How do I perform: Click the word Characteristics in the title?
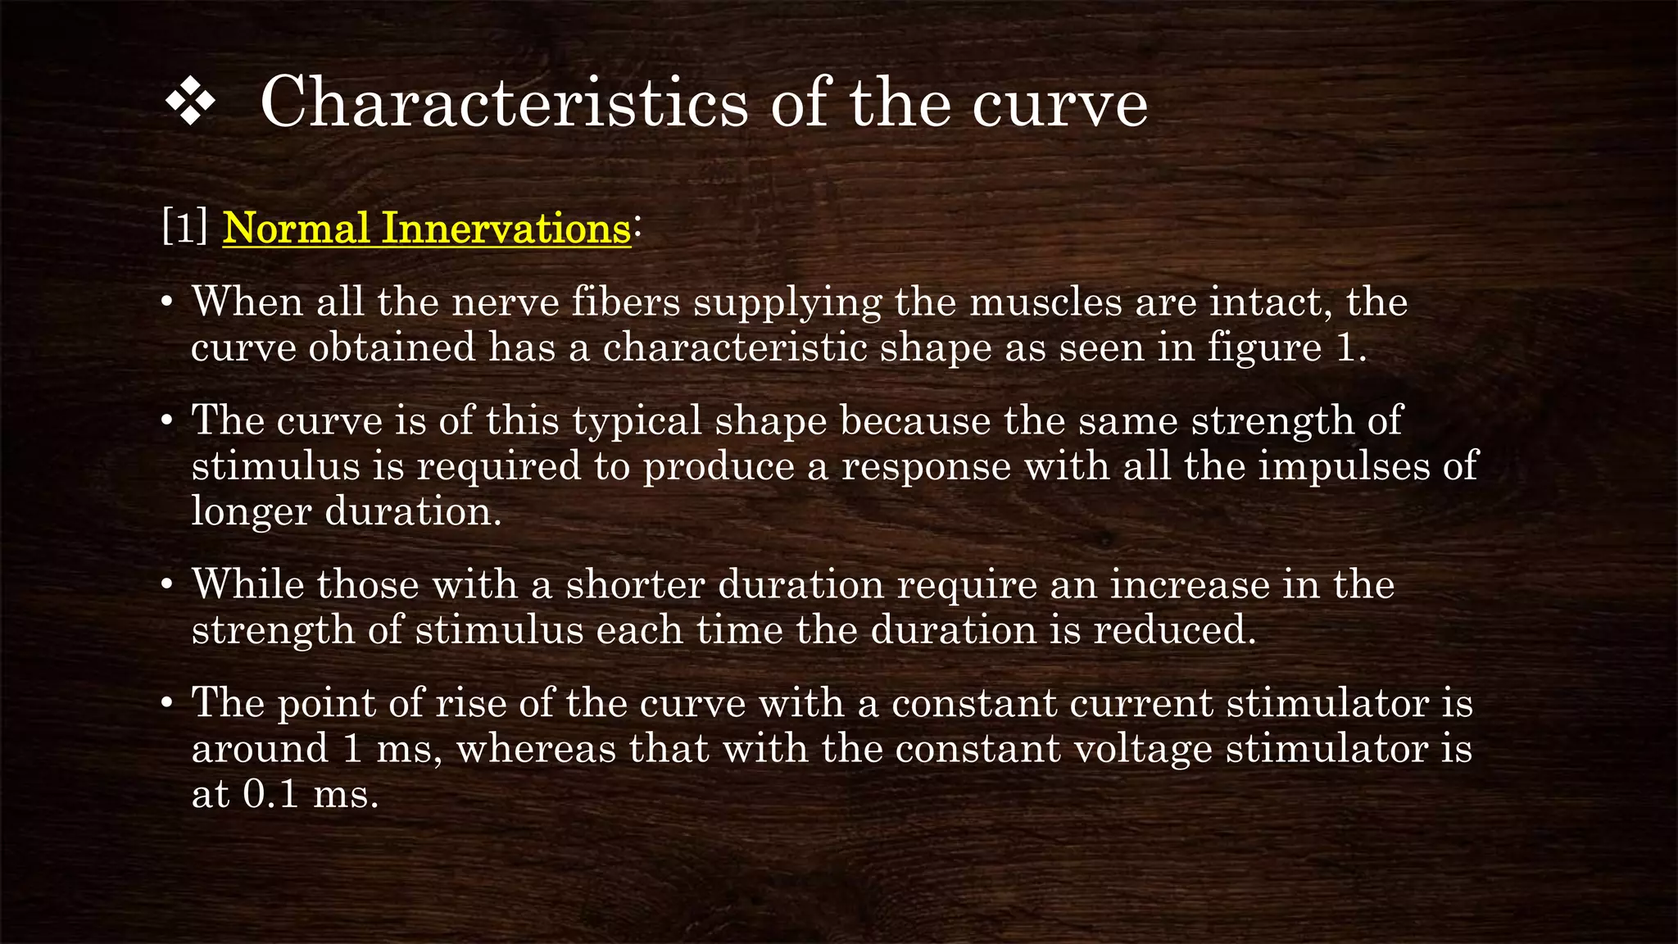click(504, 103)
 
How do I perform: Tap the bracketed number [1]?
click(185, 228)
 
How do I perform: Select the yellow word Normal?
click(296, 228)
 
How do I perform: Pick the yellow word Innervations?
click(506, 228)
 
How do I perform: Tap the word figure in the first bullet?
click(1264, 347)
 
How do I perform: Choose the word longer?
click(252, 511)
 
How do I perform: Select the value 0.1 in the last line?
click(270, 794)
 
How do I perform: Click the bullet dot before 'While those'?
click(167, 586)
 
